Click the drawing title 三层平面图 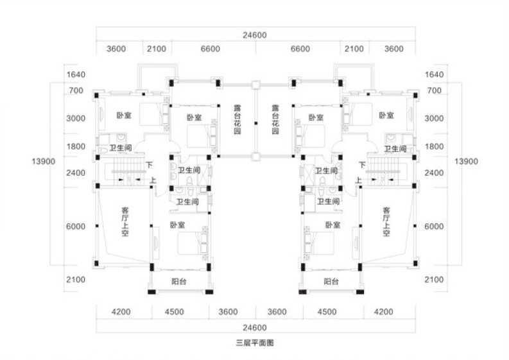click(x=255, y=343)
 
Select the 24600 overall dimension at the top click(x=255, y=35)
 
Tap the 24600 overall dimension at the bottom click(x=255, y=327)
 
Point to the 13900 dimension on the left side click(x=44, y=161)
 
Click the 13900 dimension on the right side click(x=466, y=161)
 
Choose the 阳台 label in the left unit click(x=179, y=282)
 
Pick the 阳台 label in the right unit click(x=331, y=282)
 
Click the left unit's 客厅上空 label click(x=125, y=222)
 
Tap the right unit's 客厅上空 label click(x=386, y=222)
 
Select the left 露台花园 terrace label click(x=237, y=119)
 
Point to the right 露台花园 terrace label click(x=275, y=119)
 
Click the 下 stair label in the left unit click(x=149, y=165)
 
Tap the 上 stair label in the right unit click(x=358, y=180)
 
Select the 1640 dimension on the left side click(x=76, y=74)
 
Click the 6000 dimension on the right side click(x=434, y=227)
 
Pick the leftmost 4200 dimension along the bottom click(x=121, y=312)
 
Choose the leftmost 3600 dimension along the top click(x=116, y=49)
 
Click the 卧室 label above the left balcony click(x=178, y=225)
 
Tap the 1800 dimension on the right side click(x=434, y=147)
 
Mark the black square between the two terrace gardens click(x=256, y=123)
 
